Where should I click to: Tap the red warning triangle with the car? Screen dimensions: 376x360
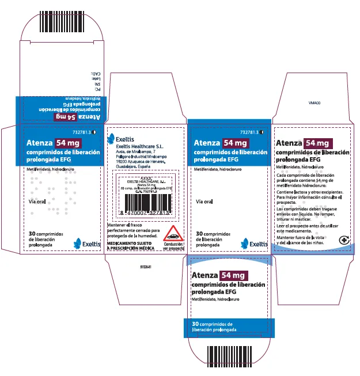click(x=173, y=234)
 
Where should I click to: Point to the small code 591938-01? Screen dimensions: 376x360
click(x=146, y=267)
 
